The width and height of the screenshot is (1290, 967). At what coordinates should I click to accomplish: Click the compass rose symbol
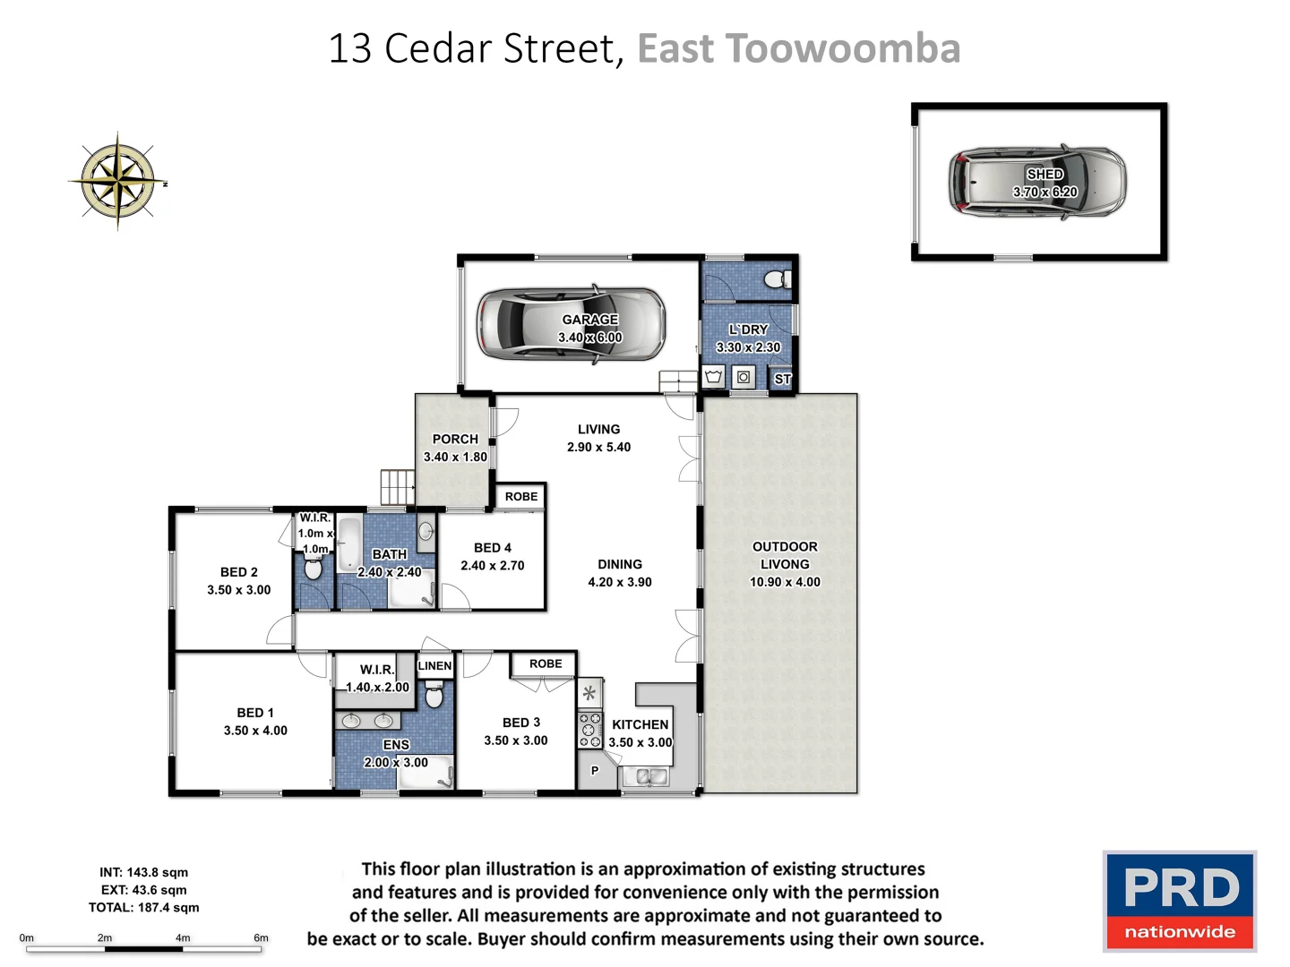[117, 181]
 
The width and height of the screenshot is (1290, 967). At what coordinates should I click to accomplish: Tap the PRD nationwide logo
[1180, 901]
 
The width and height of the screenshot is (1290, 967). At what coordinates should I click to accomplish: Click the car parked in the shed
[1036, 182]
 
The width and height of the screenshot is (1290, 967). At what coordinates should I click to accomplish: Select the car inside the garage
[571, 325]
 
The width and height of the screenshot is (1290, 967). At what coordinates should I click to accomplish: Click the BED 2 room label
[238, 572]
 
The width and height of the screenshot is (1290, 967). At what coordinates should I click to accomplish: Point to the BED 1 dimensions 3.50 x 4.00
[255, 731]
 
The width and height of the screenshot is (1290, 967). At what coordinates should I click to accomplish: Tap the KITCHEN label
[640, 724]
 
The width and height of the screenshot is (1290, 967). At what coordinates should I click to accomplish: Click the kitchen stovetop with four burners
[589, 730]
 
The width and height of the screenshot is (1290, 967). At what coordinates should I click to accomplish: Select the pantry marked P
[594, 770]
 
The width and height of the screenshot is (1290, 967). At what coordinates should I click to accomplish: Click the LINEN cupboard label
[434, 665]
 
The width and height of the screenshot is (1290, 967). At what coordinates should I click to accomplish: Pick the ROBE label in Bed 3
[545, 663]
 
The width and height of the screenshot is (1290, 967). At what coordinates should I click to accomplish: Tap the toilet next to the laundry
[778, 279]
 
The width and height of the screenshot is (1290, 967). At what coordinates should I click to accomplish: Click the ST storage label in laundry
[782, 379]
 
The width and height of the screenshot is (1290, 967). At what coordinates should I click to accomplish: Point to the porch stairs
[397, 488]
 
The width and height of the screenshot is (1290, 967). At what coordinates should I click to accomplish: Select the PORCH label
[455, 439]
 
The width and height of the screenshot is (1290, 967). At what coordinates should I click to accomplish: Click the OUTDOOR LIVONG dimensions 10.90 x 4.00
[785, 582]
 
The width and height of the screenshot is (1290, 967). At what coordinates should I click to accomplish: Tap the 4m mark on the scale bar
[183, 938]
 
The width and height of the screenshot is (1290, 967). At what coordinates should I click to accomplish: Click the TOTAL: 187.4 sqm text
[143, 907]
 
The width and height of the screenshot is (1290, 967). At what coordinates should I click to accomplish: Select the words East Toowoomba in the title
[798, 48]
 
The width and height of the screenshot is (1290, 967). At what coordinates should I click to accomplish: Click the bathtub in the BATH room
[349, 543]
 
